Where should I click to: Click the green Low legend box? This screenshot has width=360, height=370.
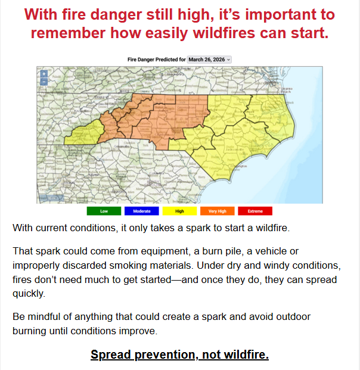[x=104, y=211]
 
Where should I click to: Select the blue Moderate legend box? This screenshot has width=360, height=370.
[x=142, y=211]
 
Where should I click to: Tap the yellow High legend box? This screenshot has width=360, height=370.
[x=179, y=211]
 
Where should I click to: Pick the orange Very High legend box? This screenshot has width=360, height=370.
[x=218, y=211]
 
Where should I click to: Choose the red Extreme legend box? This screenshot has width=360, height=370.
[x=255, y=211]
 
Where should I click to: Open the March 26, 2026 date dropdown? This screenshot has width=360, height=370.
[x=209, y=60]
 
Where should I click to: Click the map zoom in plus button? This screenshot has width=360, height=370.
[x=44, y=74]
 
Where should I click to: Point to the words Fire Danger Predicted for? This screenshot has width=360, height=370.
[x=157, y=60]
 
